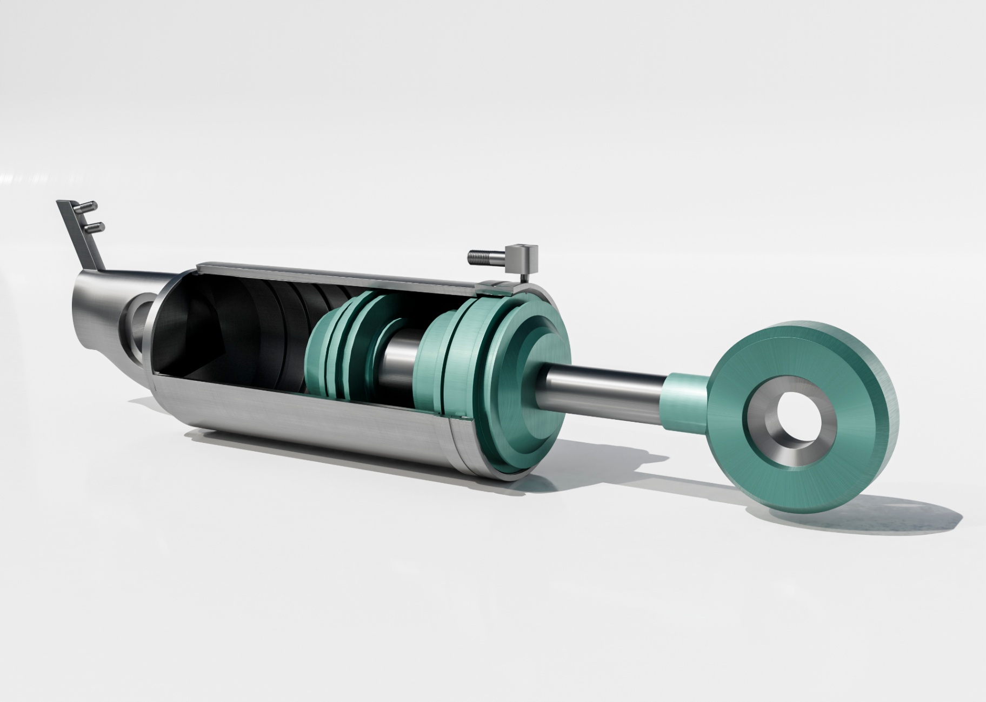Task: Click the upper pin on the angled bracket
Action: tap(86, 206)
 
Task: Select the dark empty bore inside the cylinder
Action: tap(227, 335)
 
